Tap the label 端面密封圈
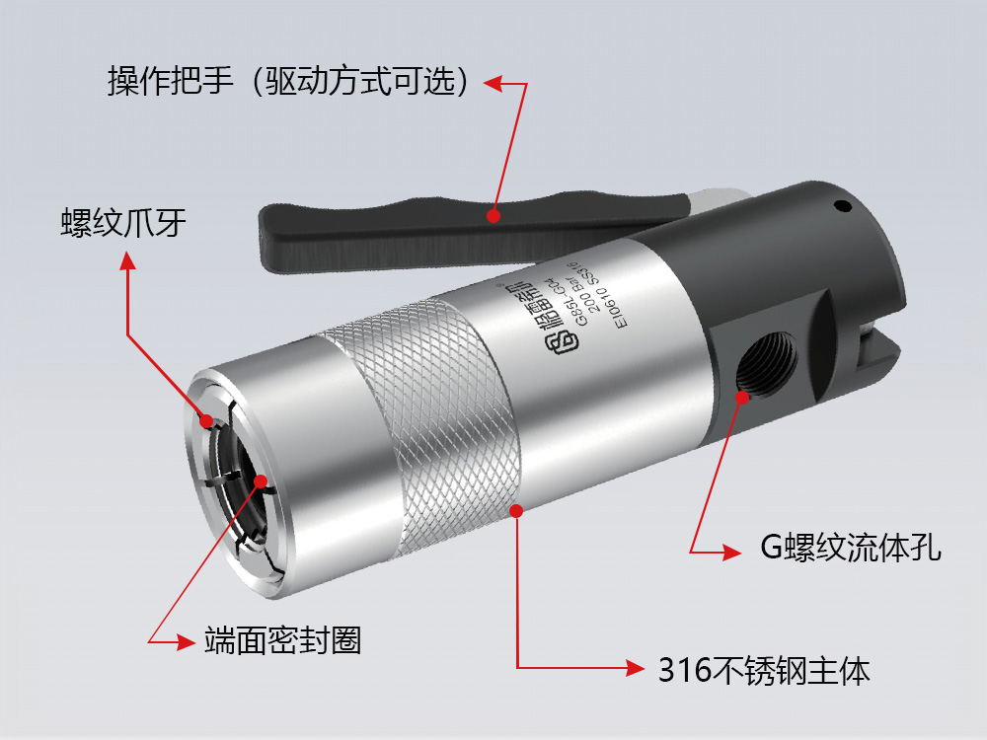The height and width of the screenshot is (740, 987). (x=282, y=640)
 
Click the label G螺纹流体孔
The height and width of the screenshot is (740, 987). (x=850, y=548)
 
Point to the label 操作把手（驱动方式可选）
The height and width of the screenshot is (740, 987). (x=287, y=82)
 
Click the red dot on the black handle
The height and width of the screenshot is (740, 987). (x=493, y=213)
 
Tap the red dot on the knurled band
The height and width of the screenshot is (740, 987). (x=515, y=509)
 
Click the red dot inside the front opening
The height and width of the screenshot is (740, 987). (x=262, y=481)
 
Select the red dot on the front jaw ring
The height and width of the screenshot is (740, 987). (x=208, y=421)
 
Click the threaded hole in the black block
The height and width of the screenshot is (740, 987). (x=769, y=364)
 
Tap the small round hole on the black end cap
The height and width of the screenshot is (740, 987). (x=841, y=207)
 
